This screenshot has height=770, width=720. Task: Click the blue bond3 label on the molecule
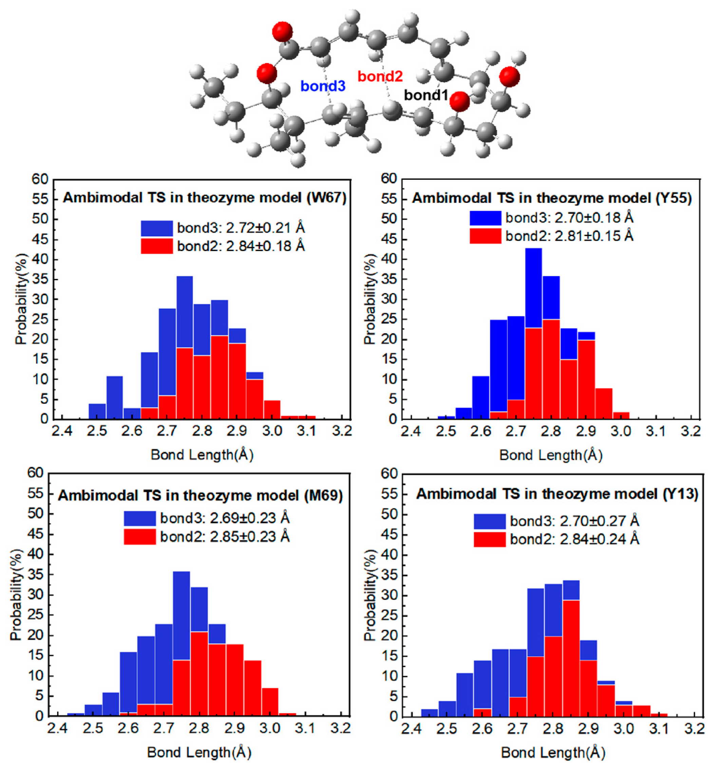322,86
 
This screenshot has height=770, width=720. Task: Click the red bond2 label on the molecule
380,76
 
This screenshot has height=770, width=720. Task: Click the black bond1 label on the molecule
426,95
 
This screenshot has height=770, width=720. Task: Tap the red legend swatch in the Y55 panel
485,236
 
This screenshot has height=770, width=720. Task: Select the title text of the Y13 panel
557,494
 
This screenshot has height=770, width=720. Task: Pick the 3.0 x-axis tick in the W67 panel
272,431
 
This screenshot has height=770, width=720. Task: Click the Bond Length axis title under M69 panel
199,752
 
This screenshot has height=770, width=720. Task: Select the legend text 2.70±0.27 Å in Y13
599,521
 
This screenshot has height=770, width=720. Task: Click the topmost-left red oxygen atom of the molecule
282,32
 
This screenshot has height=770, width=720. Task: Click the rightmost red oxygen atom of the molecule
509,77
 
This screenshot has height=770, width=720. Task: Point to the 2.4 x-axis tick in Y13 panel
411,729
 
